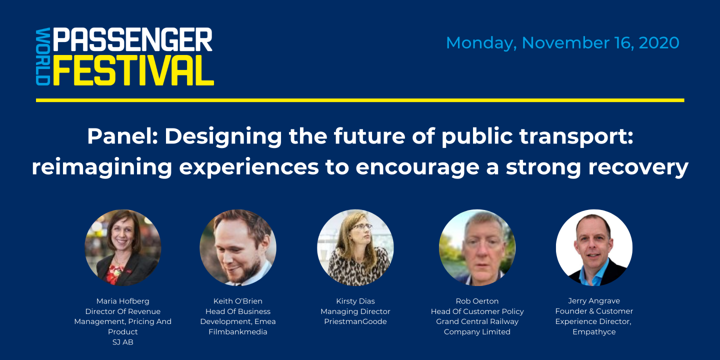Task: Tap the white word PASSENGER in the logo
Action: (133, 39)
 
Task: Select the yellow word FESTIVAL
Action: (133, 70)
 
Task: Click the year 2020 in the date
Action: (658, 42)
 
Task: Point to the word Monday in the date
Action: (479, 43)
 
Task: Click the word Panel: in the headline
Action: (122, 136)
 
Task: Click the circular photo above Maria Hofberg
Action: (123, 247)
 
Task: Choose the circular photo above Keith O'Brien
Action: (238, 247)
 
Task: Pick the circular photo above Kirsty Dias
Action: (355, 247)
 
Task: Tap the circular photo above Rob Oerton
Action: (477, 247)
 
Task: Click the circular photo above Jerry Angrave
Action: (594, 247)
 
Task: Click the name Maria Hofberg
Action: (123, 301)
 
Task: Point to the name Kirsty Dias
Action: (355, 301)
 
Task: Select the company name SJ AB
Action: (123, 342)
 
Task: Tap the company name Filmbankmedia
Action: (238, 332)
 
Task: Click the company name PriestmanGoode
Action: (355, 321)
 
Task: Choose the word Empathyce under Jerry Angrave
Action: (594, 332)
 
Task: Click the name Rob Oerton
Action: (477, 301)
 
